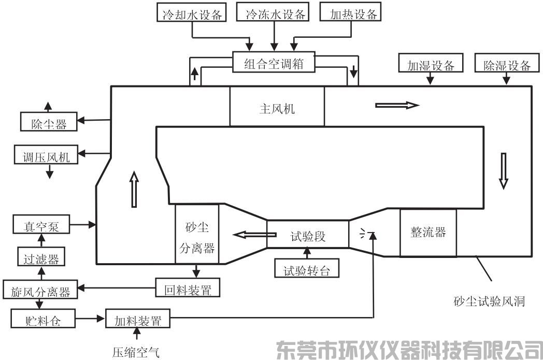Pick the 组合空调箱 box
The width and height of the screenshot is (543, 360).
tap(274, 63)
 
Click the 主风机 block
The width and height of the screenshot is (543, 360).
tap(277, 109)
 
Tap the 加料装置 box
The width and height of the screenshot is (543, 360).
tap(138, 320)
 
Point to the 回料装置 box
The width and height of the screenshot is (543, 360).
tap(188, 288)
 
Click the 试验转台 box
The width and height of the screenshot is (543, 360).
tap(307, 269)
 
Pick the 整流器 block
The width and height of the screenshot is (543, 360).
tap(428, 232)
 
